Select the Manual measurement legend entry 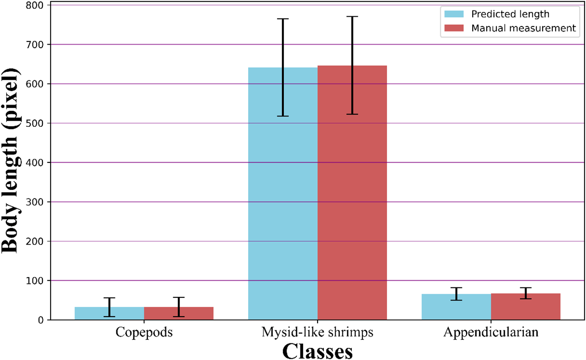pos(523,28)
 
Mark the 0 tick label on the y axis pos(41,320)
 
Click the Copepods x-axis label pos(144,332)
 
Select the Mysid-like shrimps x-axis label pos(318,332)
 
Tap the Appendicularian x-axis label pos(491,332)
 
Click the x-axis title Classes pos(318,351)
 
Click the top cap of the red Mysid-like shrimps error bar pos(352,17)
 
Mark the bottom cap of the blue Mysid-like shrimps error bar pos(283,116)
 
